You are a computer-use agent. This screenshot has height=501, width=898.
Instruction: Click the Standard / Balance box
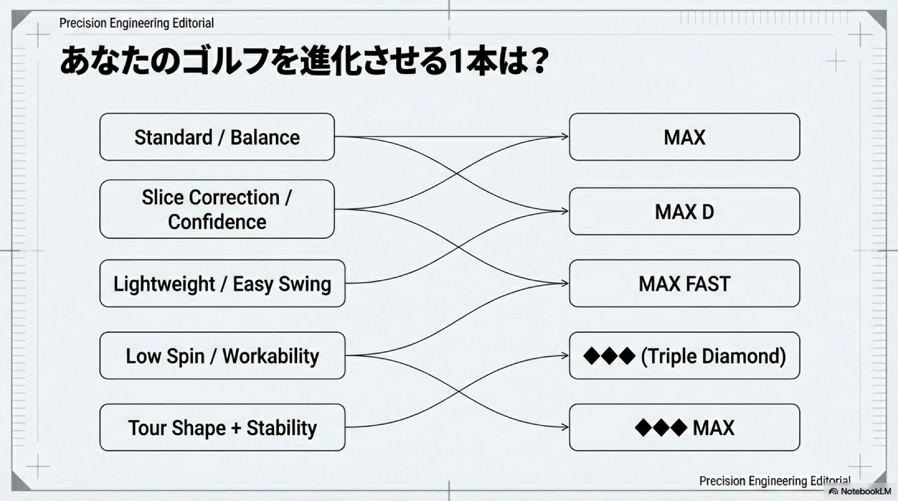tap(217, 137)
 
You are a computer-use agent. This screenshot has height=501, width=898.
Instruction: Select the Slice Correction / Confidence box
tap(217, 209)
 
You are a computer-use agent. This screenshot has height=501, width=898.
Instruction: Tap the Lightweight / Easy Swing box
tap(222, 283)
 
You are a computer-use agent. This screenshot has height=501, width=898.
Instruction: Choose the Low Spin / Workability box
tap(222, 356)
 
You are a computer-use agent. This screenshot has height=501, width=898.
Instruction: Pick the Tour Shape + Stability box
tap(222, 428)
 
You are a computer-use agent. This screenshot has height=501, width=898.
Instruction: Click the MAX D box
tap(684, 212)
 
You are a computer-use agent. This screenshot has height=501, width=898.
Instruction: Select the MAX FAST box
tap(684, 283)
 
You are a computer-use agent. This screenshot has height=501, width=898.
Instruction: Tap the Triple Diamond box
tap(684, 356)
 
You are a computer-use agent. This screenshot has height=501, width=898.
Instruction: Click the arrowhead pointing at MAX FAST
tap(565, 283)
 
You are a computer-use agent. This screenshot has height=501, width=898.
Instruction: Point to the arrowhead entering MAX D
tap(565, 211)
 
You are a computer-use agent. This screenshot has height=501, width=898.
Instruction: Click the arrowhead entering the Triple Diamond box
tap(565, 356)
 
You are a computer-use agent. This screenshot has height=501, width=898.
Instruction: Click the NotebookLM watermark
tap(861, 491)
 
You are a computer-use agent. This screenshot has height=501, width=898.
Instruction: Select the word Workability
tap(270, 356)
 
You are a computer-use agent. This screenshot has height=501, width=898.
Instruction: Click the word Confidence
tap(217, 222)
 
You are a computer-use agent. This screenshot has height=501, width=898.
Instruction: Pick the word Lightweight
tap(164, 284)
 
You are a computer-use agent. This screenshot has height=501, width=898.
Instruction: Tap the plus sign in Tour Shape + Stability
tap(236, 428)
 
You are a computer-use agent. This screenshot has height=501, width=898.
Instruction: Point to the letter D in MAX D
tap(708, 212)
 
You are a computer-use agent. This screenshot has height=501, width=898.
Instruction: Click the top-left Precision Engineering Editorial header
tap(136, 23)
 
